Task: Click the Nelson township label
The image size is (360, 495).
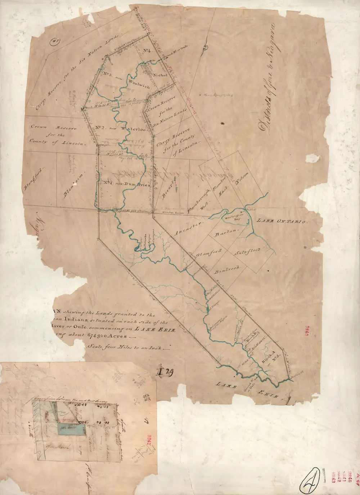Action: click(242, 178)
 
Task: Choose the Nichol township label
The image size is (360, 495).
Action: click(160, 76)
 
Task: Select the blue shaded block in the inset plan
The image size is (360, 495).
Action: click(72, 429)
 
